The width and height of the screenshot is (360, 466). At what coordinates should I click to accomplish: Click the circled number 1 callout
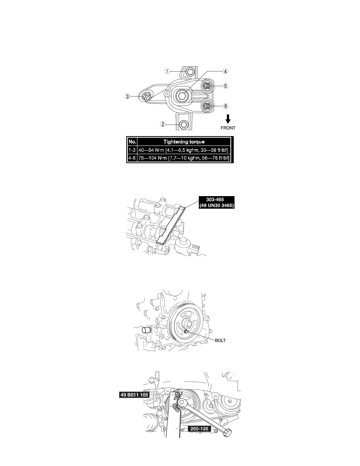point(167,71)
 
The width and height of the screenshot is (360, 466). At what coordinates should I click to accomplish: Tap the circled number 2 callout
point(163,124)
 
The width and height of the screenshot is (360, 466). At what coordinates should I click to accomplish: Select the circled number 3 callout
point(127,96)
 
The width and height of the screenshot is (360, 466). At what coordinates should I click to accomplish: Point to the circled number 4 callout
point(225,71)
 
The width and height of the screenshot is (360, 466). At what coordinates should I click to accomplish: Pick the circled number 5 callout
point(225,86)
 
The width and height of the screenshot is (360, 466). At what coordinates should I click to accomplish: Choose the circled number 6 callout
point(225,106)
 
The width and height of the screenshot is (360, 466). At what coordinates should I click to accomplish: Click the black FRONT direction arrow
point(228,119)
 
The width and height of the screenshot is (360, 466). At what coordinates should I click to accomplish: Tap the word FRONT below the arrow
point(228,128)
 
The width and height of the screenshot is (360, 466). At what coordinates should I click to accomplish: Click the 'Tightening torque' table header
point(184,142)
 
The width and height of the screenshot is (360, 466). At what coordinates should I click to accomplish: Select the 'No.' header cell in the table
point(132,142)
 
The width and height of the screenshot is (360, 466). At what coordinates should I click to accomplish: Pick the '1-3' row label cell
point(132,150)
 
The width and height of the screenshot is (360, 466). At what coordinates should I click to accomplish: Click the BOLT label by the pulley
point(220,340)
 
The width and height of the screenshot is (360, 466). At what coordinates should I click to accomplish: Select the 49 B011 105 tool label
point(134,395)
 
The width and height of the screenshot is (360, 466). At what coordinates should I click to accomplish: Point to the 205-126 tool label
point(199,429)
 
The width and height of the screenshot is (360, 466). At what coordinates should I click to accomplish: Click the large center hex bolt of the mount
point(182,96)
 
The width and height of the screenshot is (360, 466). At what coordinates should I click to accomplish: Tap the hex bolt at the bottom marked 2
point(184,124)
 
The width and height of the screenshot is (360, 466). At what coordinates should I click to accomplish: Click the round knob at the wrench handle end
point(227,432)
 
